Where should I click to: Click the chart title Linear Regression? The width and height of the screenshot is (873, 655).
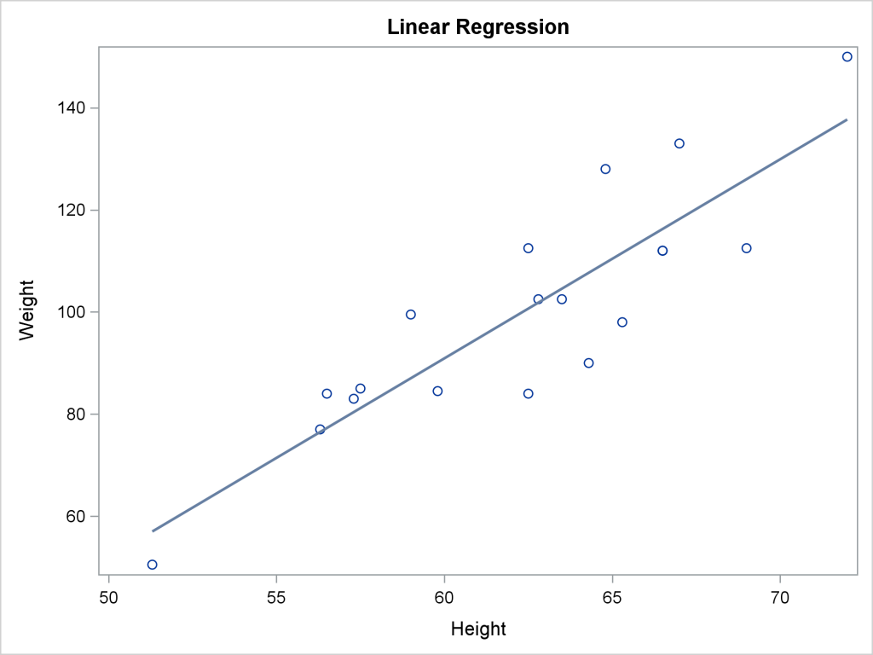coord(477,27)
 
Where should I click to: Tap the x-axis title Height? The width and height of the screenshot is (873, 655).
coord(478,629)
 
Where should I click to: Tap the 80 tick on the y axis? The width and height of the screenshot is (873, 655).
coord(77,414)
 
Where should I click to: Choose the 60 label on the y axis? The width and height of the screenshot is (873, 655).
coord(77,517)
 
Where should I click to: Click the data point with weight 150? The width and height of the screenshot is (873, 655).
coord(847,57)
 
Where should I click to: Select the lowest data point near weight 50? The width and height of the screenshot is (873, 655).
coord(152,565)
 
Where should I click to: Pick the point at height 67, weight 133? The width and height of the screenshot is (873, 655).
coord(679,143)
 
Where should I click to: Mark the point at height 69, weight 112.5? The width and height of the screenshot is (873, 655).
coord(746,248)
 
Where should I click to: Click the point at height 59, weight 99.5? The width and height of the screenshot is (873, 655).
coord(411,315)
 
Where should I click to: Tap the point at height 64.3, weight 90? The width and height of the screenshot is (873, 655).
coord(588,363)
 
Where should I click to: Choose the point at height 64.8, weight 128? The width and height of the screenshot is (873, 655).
coord(605,169)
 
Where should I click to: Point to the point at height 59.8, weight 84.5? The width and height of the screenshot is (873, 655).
coord(437,391)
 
